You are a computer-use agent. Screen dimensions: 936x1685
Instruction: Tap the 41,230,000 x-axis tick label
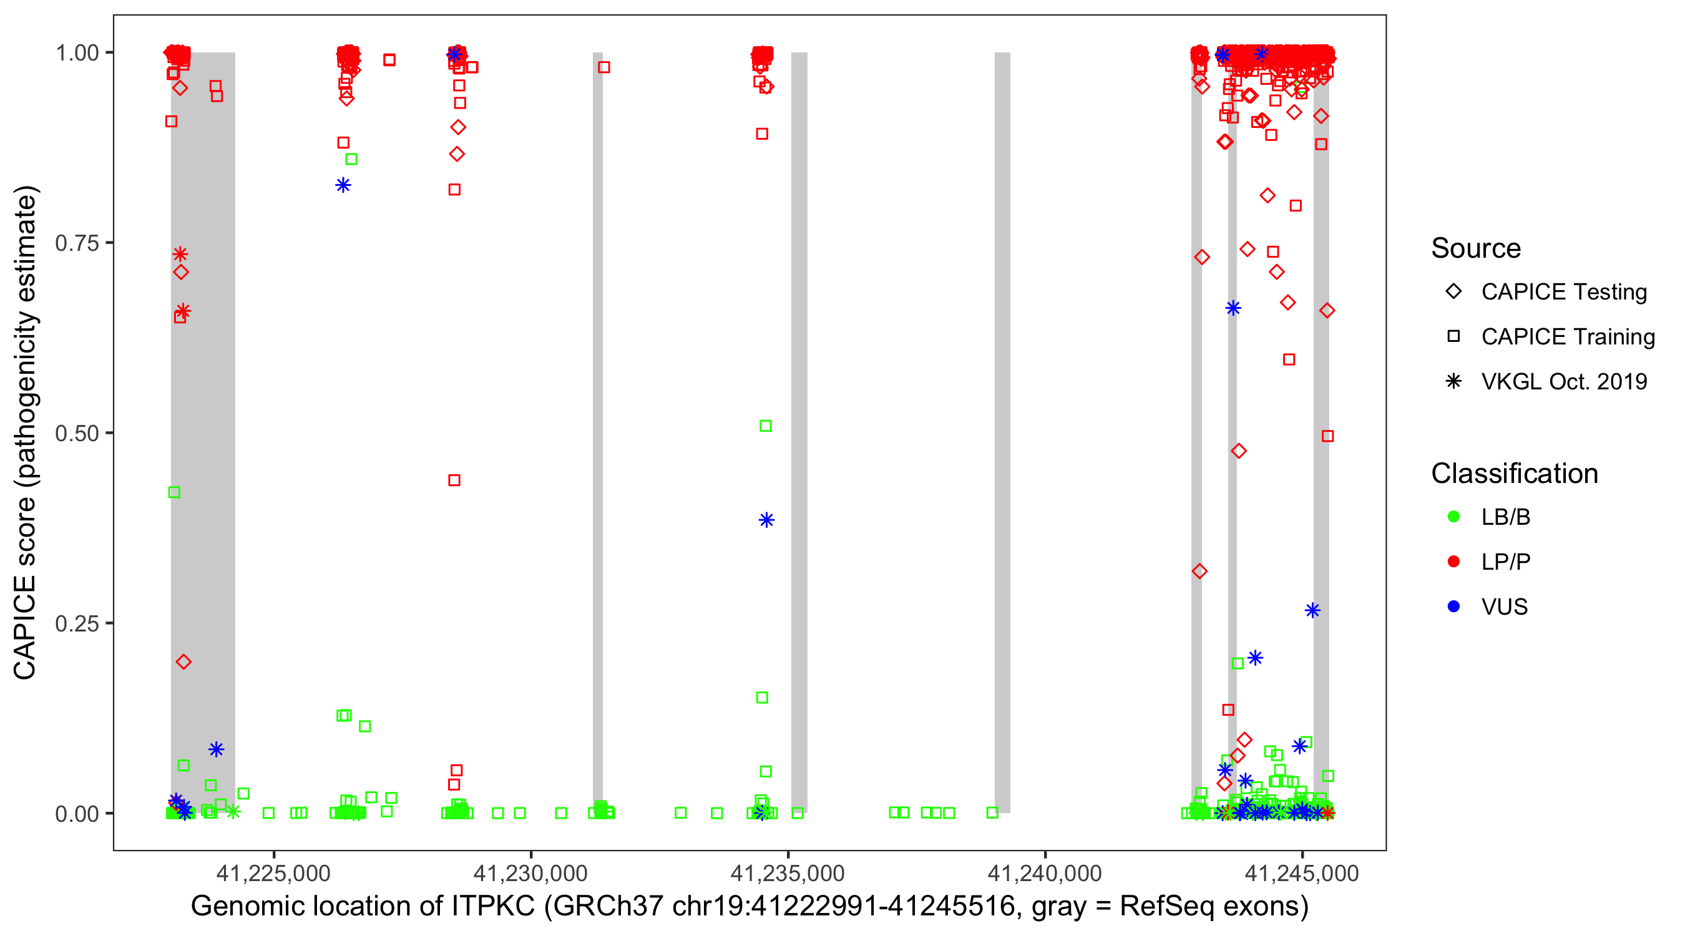coord(530,873)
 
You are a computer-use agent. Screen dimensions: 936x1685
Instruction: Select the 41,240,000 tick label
coord(1045,873)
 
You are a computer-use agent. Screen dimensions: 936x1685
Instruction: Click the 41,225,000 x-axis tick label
coord(273,873)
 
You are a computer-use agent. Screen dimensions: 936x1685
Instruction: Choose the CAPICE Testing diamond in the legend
coord(1453,292)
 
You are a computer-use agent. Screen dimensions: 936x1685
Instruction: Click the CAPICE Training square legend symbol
coord(1453,337)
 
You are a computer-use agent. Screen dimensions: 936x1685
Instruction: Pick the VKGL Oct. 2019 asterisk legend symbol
coord(1453,381)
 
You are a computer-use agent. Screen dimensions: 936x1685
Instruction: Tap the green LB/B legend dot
coord(1453,517)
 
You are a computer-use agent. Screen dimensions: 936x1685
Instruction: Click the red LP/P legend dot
coord(1453,562)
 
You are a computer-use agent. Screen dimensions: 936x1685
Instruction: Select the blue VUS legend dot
coord(1453,607)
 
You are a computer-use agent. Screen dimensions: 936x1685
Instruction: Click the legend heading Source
coord(1476,248)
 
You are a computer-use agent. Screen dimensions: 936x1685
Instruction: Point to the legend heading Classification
coord(1514,474)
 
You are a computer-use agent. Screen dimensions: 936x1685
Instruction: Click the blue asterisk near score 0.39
coord(766,520)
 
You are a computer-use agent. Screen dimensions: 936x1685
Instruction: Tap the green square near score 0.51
coord(765,426)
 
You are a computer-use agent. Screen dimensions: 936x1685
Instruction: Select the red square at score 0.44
coord(454,480)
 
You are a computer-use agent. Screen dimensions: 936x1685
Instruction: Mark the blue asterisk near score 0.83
coord(343,185)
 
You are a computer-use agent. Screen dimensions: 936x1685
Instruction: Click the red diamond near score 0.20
coord(184,662)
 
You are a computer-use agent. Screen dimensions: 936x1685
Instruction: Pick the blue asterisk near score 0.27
coord(1312,610)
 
